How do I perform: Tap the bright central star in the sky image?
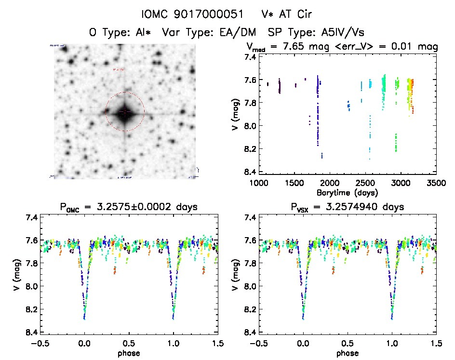125,112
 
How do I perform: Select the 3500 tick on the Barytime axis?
436,183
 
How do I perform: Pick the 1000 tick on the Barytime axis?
259,183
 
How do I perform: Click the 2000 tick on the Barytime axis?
330,183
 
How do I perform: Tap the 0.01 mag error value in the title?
394,47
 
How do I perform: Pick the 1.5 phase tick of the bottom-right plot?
436,343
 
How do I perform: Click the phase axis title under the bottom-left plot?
129,353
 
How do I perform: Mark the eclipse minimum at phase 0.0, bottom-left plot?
84,318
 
